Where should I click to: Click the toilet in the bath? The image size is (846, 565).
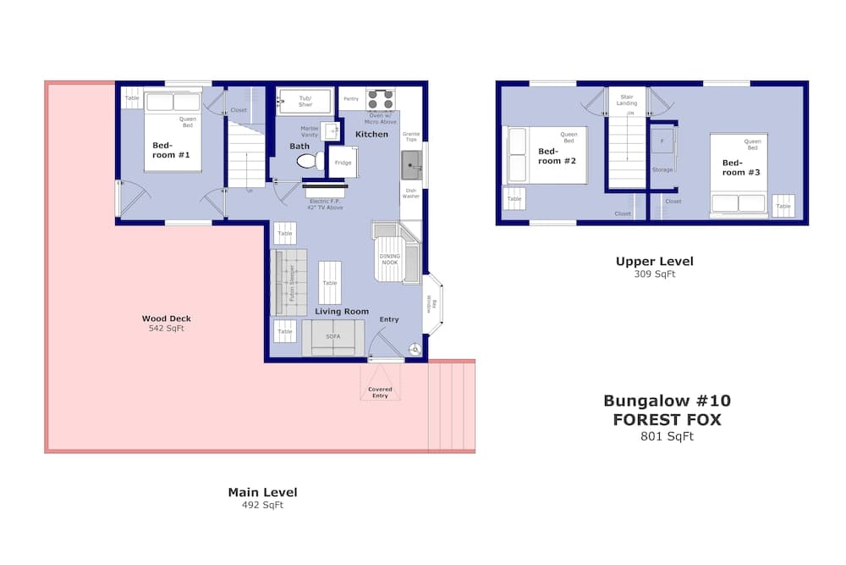pos(308,161)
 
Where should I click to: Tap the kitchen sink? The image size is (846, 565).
pos(411,159)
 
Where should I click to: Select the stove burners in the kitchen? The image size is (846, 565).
pos(381,99)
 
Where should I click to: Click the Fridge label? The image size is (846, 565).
pos(342,163)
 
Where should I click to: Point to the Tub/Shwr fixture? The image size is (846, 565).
pos(305,102)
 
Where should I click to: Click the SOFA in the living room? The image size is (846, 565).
pos(333,338)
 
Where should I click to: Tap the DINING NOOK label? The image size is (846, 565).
pos(390,259)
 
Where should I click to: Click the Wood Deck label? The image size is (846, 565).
pos(166,319)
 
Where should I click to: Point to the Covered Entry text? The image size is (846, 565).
pos(380,392)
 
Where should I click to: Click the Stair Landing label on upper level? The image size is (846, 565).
pos(628,100)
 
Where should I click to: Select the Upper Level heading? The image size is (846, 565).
pos(654,261)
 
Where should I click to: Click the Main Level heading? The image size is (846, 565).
pos(262,491)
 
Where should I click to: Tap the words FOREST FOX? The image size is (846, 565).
pos(667,418)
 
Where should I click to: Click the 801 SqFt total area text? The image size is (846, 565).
pos(667,437)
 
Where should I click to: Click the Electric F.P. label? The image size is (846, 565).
pos(325,202)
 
